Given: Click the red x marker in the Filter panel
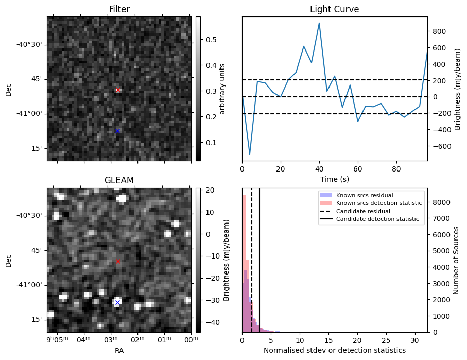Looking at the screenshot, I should pyautogui.click(x=118, y=90).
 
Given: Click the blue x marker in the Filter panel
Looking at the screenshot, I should pyautogui.click(x=117, y=131).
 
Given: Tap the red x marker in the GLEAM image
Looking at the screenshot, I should pyautogui.click(x=118, y=262).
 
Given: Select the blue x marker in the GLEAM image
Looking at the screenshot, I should pyautogui.click(x=117, y=302).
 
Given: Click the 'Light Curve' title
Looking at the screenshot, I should pyautogui.click(x=334, y=9).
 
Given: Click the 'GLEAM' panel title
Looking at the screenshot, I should pyautogui.click(x=119, y=180).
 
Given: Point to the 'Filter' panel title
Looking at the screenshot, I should pyautogui.click(x=119, y=9).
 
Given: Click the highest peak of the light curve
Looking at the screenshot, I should pyautogui.click(x=319, y=23).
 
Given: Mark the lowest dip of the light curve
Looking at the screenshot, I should pyautogui.click(x=250, y=154).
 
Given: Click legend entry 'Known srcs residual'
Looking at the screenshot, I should pyautogui.click(x=364, y=196).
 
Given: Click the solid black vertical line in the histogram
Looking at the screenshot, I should pyautogui.click(x=260, y=258).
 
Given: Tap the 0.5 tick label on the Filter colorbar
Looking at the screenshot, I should pyautogui.click(x=212, y=40).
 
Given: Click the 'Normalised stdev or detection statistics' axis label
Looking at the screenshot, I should pyautogui.click(x=334, y=351).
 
